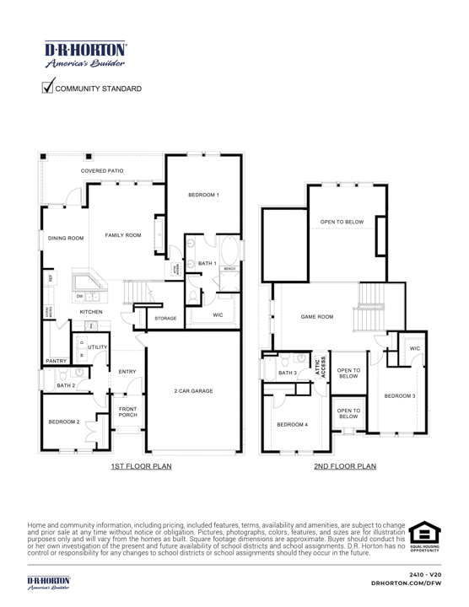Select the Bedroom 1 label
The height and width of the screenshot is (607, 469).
pyautogui.click(x=203, y=195)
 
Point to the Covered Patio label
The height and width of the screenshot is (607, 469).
pyautogui.click(x=102, y=171)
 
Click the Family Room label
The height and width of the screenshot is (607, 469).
pyautogui.click(x=123, y=235)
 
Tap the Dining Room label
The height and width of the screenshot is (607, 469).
pyautogui.click(x=66, y=239)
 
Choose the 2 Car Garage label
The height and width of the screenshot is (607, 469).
pyautogui.click(x=193, y=391)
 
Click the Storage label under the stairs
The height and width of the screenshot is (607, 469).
pyautogui.click(x=166, y=319)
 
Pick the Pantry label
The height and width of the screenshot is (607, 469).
pyautogui.click(x=57, y=360)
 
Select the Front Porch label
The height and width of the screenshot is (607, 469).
pyautogui.click(x=128, y=411)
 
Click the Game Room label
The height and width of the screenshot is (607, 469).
pyautogui.click(x=317, y=317)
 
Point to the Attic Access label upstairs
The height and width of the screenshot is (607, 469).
pyautogui.click(x=321, y=368)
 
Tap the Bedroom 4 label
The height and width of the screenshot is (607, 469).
pyautogui.click(x=293, y=424)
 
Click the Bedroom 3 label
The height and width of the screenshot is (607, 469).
pyautogui.click(x=400, y=395)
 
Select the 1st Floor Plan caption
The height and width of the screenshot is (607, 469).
pyautogui.click(x=141, y=465)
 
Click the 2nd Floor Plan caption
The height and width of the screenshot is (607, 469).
pyautogui.click(x=344, y=465)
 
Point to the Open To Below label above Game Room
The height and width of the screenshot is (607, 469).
pyautogui.click(x=342, y=222)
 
